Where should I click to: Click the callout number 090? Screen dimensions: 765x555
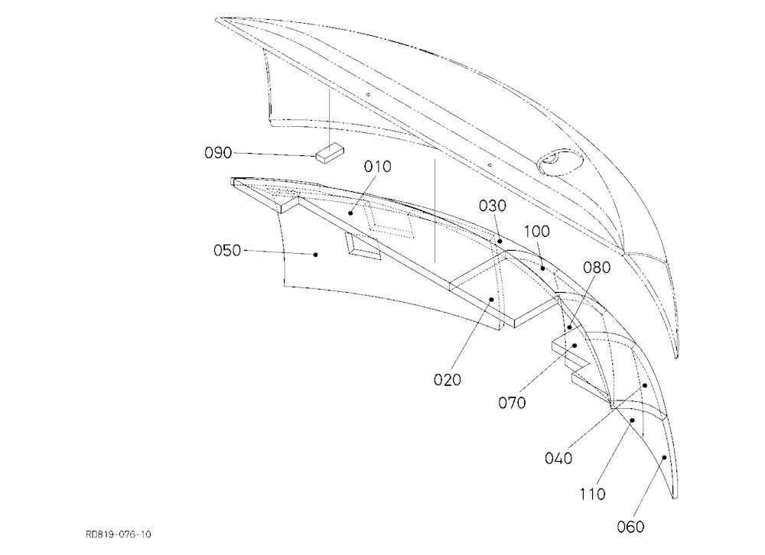point(218,153)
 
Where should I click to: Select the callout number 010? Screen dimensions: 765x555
point(378,167)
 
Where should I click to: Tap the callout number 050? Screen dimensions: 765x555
point(227,251)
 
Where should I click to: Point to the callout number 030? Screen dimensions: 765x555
point(493,206)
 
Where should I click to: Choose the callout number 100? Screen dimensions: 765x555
point(537,231)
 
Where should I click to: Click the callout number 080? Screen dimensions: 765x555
point(597,268)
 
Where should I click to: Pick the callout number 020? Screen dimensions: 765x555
point(448,379)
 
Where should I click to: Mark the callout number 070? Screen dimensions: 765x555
point(513,403)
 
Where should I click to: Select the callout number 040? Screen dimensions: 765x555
point(558,459)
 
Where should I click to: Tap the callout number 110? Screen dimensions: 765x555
point(592,495)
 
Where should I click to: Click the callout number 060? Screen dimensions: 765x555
point(631,527)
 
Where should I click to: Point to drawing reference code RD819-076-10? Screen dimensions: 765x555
point(119,534)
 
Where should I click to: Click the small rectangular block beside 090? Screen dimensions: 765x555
point(330,153)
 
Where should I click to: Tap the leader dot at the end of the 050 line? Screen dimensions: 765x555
point(316,255)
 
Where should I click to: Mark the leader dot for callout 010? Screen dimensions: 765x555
point(350,213)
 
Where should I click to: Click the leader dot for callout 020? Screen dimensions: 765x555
point(492,300)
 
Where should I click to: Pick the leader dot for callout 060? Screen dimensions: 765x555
point(664,457)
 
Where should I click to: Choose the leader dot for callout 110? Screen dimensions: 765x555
point(633,420)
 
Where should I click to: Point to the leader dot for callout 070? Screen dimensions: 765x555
point(575,346)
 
